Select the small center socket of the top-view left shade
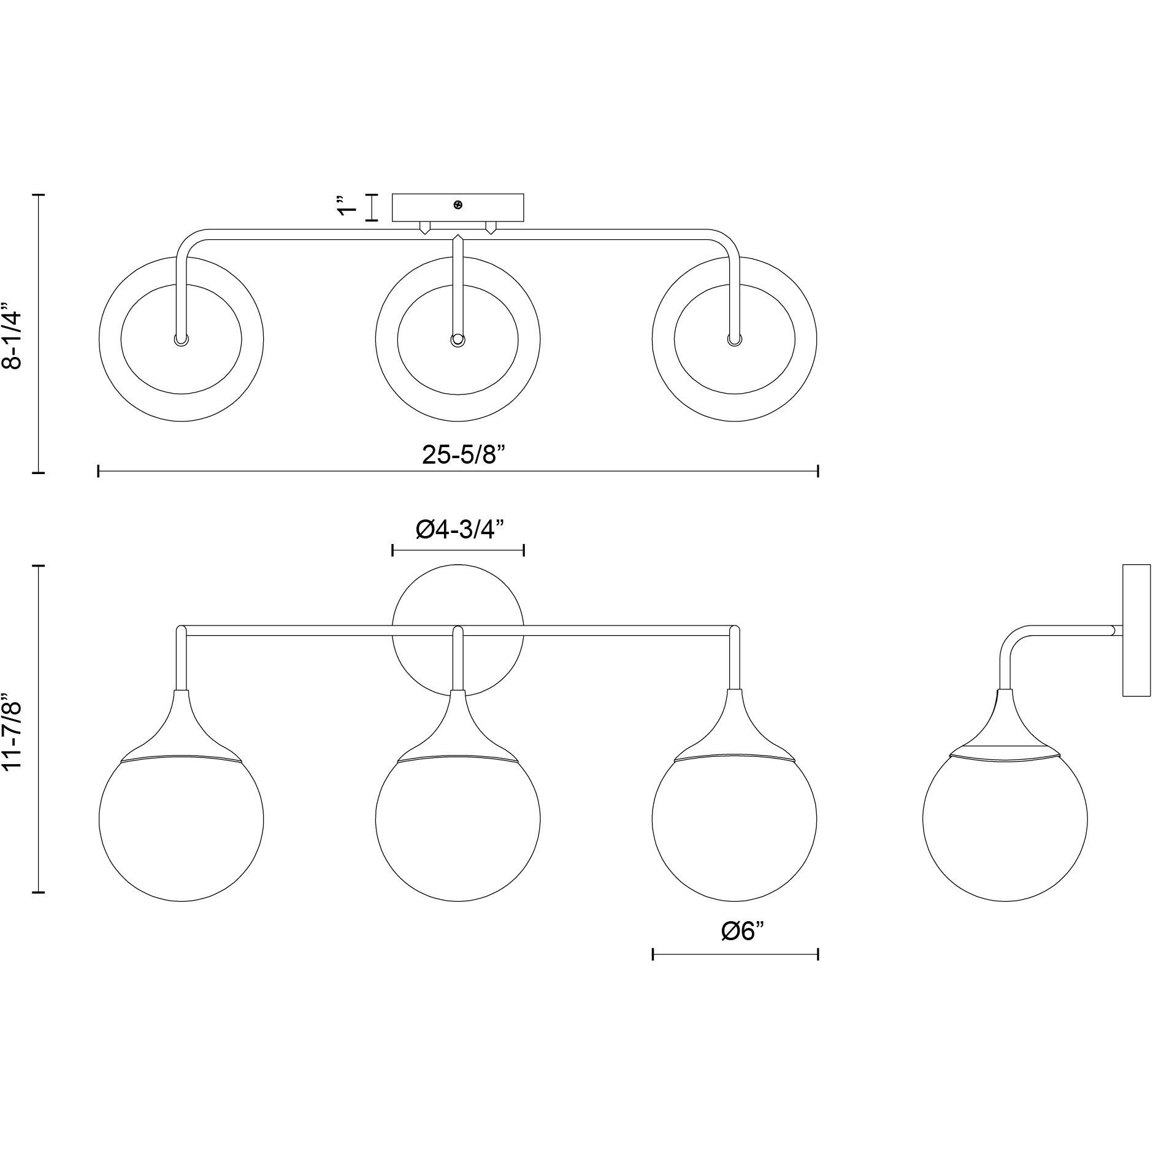pyautogui.click(x=182, y=340)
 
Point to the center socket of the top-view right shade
pyautogui.click(x=734, y=340)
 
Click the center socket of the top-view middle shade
pyautogui.click(x=458, y=340)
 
